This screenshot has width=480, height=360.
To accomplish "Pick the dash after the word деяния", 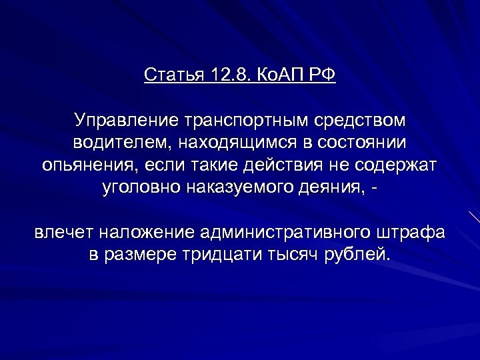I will coord(379,187).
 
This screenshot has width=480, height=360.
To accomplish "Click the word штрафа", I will coord(413,234).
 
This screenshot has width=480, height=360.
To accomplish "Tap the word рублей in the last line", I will coord(357,255).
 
